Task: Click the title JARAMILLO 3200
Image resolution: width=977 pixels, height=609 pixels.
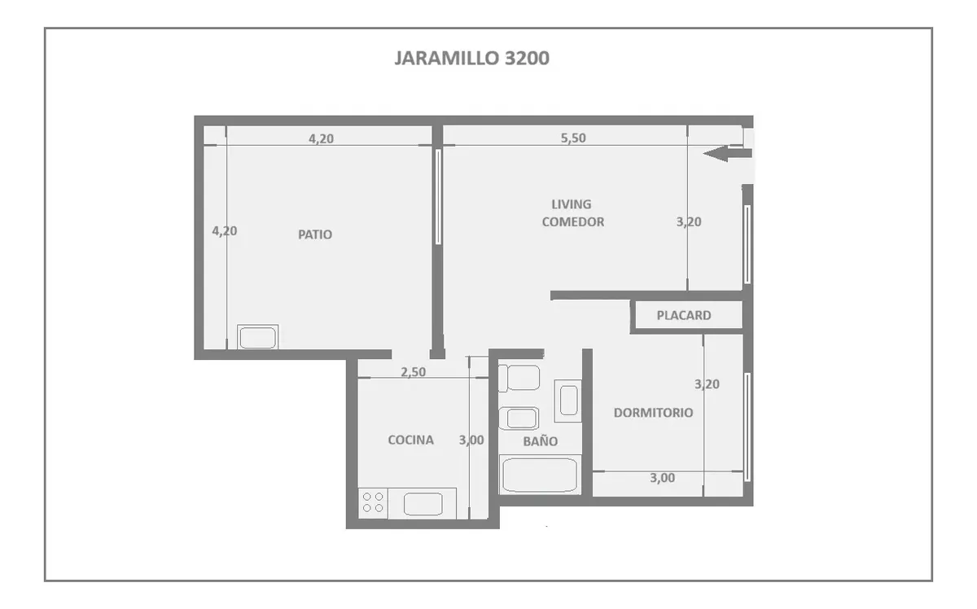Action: (x=471, y=58)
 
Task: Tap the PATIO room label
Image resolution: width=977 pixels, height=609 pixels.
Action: (x=315, y=234)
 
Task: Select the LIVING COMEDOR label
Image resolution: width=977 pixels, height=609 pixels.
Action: (x=572, y=212)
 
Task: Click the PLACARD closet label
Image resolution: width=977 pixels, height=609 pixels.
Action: (x=683, y=315)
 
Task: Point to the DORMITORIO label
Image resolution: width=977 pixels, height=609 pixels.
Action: (x=653, y=413)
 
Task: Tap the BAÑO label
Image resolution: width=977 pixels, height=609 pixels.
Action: (x=540, y=440)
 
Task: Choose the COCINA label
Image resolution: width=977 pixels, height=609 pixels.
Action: (x=410, y=440)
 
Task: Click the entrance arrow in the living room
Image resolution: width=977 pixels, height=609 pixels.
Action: (x=728, y=154)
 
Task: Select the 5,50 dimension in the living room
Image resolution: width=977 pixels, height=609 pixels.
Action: (x=573, y=138)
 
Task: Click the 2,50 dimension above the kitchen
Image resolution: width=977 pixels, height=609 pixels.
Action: (x=413, y=372)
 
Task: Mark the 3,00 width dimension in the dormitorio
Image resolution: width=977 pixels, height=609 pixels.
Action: (x=662, y=478)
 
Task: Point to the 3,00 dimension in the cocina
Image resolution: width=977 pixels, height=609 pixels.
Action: (x=471, y=440)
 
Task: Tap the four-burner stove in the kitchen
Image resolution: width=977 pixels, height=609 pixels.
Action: (x=373, y=502)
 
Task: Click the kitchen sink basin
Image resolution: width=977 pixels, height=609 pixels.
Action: (x=423, y=504)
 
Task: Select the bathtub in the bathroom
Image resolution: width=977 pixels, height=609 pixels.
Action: (x=540, y=475)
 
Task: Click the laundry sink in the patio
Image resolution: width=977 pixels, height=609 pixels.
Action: (x=257, y=337)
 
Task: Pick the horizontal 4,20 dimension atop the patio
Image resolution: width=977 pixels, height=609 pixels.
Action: (x=321, y=138)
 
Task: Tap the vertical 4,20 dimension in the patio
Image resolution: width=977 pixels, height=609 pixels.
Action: (x=225, y=230)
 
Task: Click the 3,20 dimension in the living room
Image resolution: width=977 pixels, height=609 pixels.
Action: (x=689, y=222)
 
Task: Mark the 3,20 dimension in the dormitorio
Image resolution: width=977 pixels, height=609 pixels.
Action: (x=707, y=384)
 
